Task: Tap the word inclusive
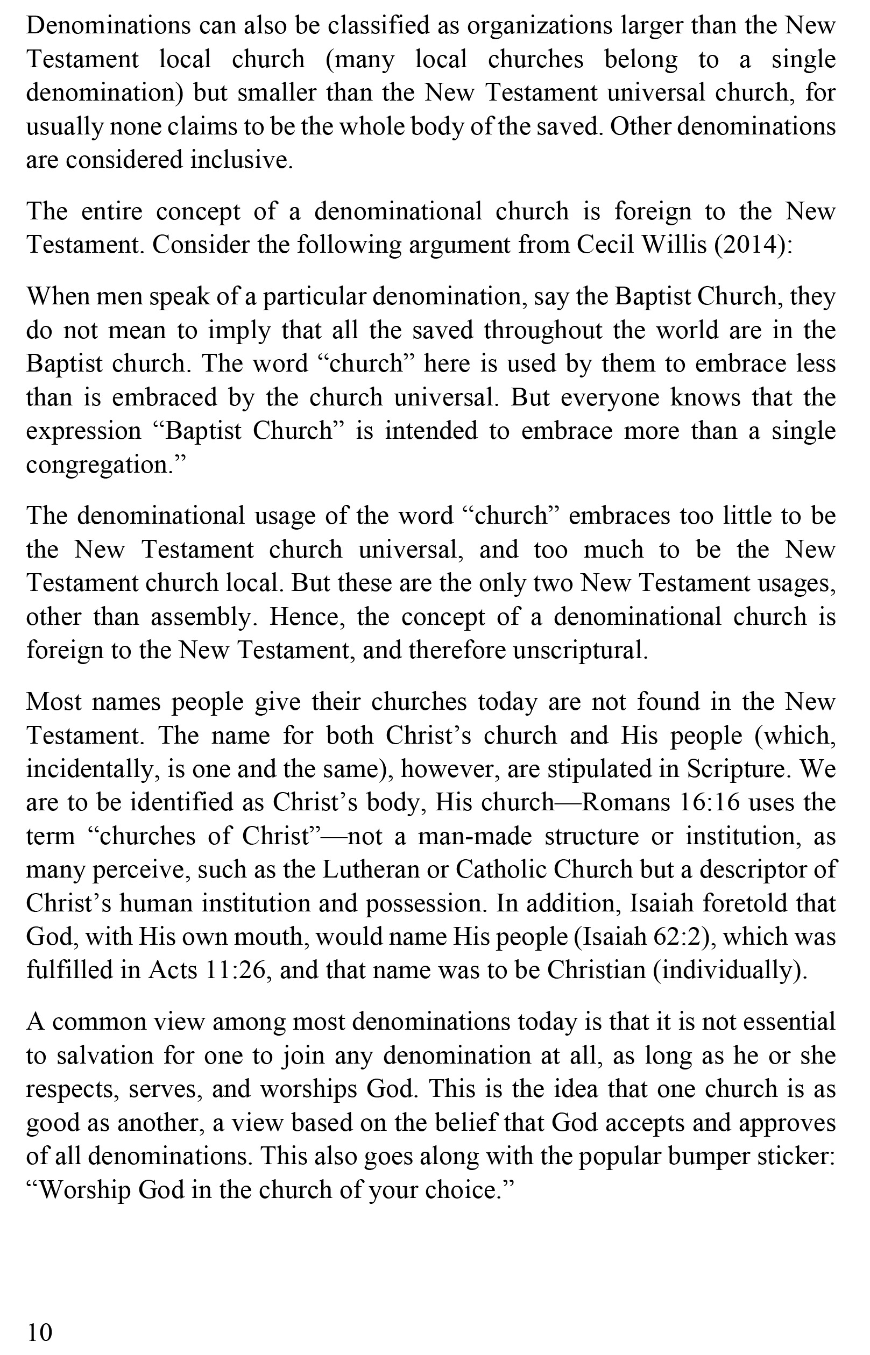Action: (241, 160)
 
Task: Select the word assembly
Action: (202, 616)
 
